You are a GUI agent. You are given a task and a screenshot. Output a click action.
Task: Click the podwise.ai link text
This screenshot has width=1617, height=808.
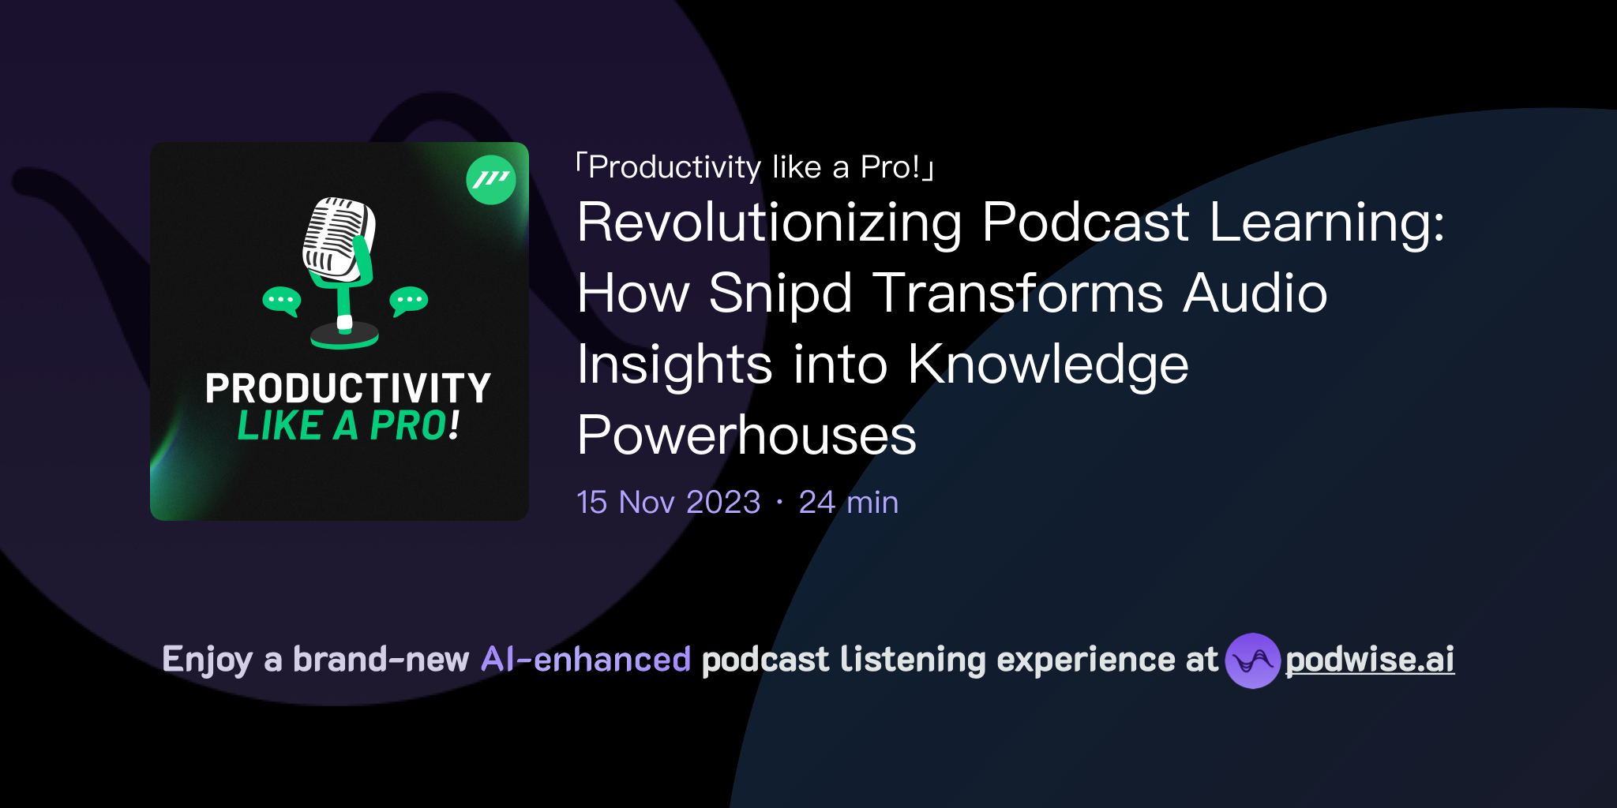(1369, 660)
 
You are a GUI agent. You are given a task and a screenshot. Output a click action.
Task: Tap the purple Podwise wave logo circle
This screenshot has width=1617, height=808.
(1252, 660)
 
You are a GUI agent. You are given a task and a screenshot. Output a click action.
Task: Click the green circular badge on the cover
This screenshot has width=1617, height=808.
(491, 180)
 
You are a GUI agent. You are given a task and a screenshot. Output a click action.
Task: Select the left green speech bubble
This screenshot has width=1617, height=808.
(281, 301)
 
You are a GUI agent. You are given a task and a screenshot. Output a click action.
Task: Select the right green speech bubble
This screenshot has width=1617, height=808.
(409, 301)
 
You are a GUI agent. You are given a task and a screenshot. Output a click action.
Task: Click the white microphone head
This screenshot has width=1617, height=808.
(337, 238)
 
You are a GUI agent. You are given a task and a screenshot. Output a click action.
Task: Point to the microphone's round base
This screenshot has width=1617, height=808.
(344, 335)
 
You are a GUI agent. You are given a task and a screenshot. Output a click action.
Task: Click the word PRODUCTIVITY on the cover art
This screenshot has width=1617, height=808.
(347, 388)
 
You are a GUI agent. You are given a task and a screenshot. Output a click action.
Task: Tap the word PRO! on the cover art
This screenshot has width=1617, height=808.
(415, 426)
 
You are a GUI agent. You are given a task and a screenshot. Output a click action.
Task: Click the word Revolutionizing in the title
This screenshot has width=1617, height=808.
(769, 223)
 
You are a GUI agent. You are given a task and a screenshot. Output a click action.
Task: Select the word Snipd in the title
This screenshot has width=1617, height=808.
(780, 294)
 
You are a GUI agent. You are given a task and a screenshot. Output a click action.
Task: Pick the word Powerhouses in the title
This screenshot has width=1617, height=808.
(746, 436)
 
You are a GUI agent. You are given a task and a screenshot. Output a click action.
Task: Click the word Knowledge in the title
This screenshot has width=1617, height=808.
(1048, 365)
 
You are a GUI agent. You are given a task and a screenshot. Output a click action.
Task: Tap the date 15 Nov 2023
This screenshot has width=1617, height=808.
(668, 503)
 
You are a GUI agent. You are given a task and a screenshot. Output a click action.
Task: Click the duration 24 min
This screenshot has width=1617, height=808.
(848, 503)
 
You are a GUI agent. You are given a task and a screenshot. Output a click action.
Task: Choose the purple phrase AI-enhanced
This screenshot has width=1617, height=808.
(586, 660)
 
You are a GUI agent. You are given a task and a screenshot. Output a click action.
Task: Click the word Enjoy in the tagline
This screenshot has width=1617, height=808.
(207, 660)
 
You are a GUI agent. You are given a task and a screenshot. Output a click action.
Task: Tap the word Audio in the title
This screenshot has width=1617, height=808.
(1255, 294)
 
